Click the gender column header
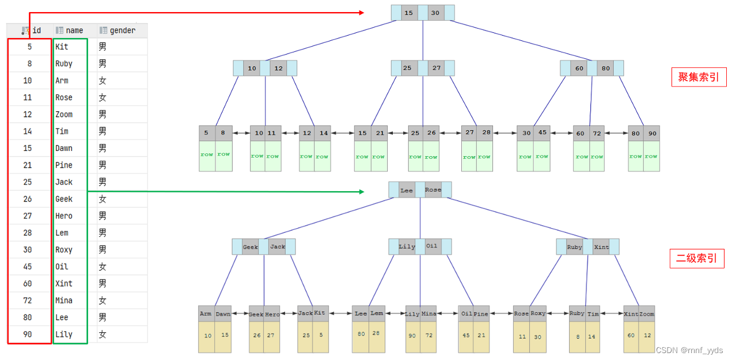click(122, 31)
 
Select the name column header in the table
click(74, 31)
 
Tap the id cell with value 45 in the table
click(28, 267)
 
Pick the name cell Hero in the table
click(64, 216)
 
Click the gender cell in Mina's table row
click(103, 301)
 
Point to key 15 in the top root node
click(409, 13)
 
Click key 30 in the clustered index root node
click(435, 13)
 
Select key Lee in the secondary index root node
click(407, 190)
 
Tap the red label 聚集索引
click(698, 77)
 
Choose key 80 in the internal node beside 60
click(605, 68)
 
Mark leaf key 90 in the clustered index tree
click(651, 133)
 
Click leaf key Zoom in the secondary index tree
click(647, 314)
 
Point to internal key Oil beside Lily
click(432, 247)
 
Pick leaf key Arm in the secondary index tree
click(206, 314)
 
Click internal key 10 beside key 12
click(252, 68)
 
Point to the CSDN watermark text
click(689, 350)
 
